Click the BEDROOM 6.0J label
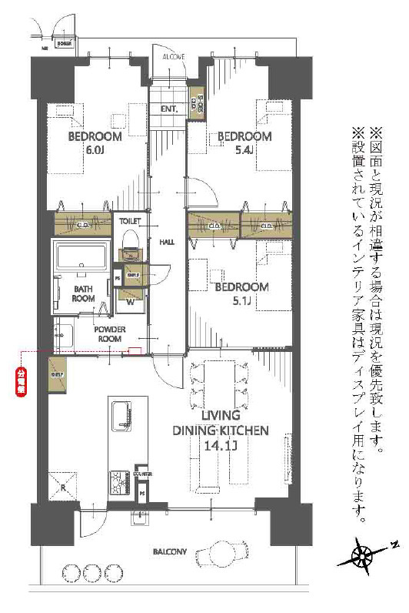click(x=95, y=142)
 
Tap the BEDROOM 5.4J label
click(x=244, y=142)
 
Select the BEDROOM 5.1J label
click(x=241, y=293)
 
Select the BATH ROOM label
click(x=84, y=293)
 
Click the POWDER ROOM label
click(x=109, y=333)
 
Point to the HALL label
click(x=167, y=242)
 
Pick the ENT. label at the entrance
click(x=169, y=109)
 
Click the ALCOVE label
click(x=173, y=57)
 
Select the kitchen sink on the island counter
click(x=124, y=418)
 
